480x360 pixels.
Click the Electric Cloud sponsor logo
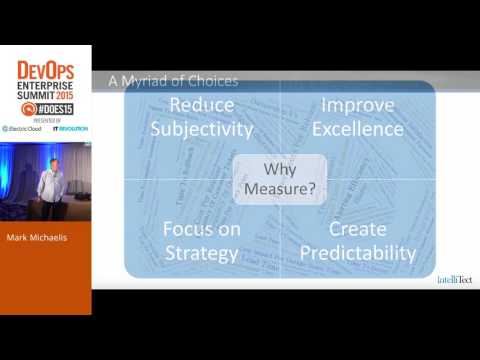[21, 129]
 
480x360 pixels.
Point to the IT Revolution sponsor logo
[71, 129]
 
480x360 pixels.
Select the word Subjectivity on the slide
[202, 129]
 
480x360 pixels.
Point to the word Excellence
[357, 129]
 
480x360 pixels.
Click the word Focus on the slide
[202, 229]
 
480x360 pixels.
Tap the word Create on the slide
[357, 229]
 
